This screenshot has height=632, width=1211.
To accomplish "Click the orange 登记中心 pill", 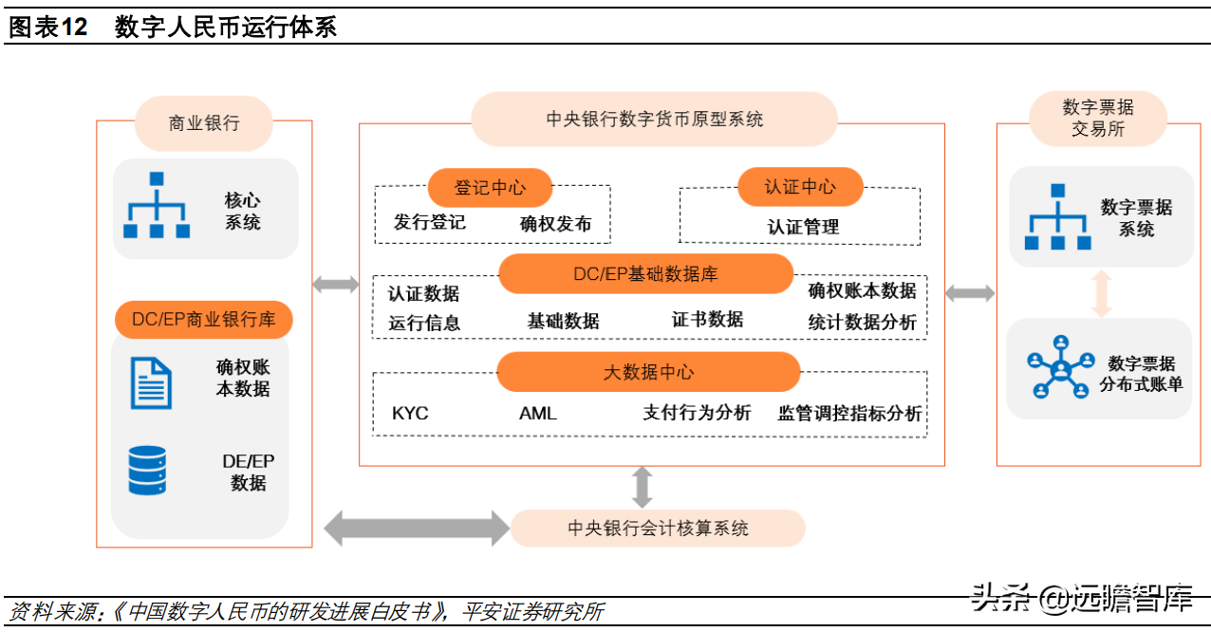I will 490,188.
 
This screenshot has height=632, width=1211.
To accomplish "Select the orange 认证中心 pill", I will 800,187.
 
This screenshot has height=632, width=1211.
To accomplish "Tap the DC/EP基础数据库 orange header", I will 645,274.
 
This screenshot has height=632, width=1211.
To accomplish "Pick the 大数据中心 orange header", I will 648,372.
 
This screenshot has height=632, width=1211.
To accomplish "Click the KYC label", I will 410,414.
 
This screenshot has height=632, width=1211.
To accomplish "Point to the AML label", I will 537,414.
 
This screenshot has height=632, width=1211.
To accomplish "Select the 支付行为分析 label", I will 697,413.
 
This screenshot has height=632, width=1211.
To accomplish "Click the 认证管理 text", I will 803,228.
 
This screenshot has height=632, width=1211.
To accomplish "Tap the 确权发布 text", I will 555,224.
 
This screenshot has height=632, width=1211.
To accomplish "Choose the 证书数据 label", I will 707,320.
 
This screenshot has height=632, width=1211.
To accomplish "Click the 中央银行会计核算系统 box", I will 658,529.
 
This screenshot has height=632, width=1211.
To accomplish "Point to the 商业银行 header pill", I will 204,123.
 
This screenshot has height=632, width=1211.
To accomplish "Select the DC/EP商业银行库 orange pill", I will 204,320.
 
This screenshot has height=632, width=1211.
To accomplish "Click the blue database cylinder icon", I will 147,471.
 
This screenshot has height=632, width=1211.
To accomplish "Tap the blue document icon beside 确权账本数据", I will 151,382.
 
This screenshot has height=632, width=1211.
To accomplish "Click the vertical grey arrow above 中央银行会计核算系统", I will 643,487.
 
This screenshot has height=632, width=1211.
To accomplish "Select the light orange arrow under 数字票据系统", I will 1101,293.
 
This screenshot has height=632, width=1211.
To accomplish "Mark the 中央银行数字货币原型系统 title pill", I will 654,120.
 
